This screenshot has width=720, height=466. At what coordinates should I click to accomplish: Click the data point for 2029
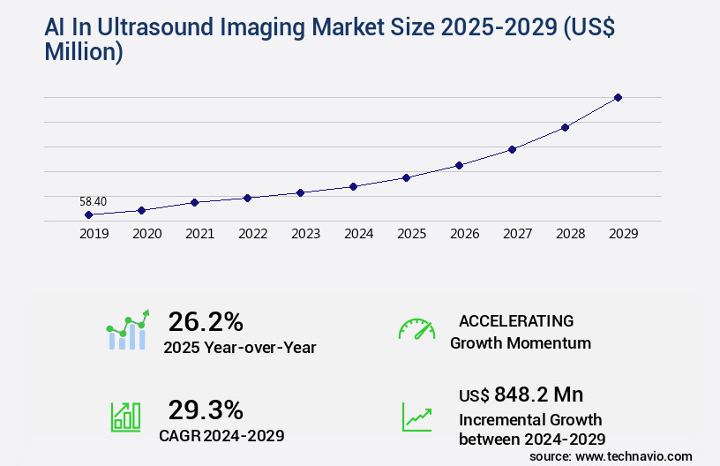[618, 97]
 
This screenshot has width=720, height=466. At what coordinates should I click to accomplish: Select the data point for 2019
[88, 214]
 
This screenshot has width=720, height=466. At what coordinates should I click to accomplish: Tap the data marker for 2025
[406, 177]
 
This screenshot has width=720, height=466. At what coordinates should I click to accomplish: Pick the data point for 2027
[512, 149]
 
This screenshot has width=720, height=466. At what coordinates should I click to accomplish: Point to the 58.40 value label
[93, 201]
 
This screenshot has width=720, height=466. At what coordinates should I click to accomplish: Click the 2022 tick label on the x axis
[252, 234]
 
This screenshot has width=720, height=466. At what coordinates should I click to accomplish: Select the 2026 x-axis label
[464, 234]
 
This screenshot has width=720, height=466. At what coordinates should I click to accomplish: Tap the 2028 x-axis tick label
[570, 234]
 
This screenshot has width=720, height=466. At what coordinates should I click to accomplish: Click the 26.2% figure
[206, 321]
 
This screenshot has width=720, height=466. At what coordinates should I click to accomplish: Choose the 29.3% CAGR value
[206, 410]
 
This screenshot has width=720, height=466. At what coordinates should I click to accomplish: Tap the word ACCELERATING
[516, 321]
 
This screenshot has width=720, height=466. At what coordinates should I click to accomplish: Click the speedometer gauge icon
[416, 329]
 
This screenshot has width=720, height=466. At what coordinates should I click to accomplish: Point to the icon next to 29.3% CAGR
[124, 417]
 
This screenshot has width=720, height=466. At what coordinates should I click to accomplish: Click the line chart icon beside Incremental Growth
[416, 417]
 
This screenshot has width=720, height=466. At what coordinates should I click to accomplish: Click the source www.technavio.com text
[611, 455]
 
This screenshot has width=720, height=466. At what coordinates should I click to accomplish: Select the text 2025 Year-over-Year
[239, 348]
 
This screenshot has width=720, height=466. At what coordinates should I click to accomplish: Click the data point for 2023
[300, 192]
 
